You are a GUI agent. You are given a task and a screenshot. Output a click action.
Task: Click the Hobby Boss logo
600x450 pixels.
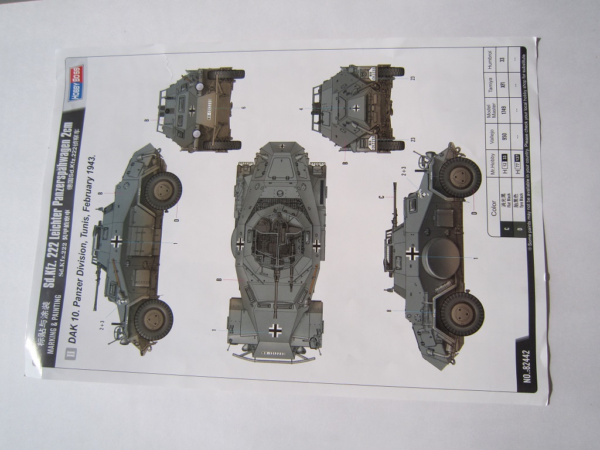pyautogui.click(x=76, y=83)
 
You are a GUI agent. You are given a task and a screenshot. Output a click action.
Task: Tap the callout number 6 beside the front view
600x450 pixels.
pyautogui.click(x=243, y=107)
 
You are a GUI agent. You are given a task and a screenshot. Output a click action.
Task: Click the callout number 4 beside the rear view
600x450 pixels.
pyautogui.click(x=300, y=108)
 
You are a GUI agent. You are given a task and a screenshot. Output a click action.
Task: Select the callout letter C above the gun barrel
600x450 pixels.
pyautogui.click(x=381, y=197)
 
